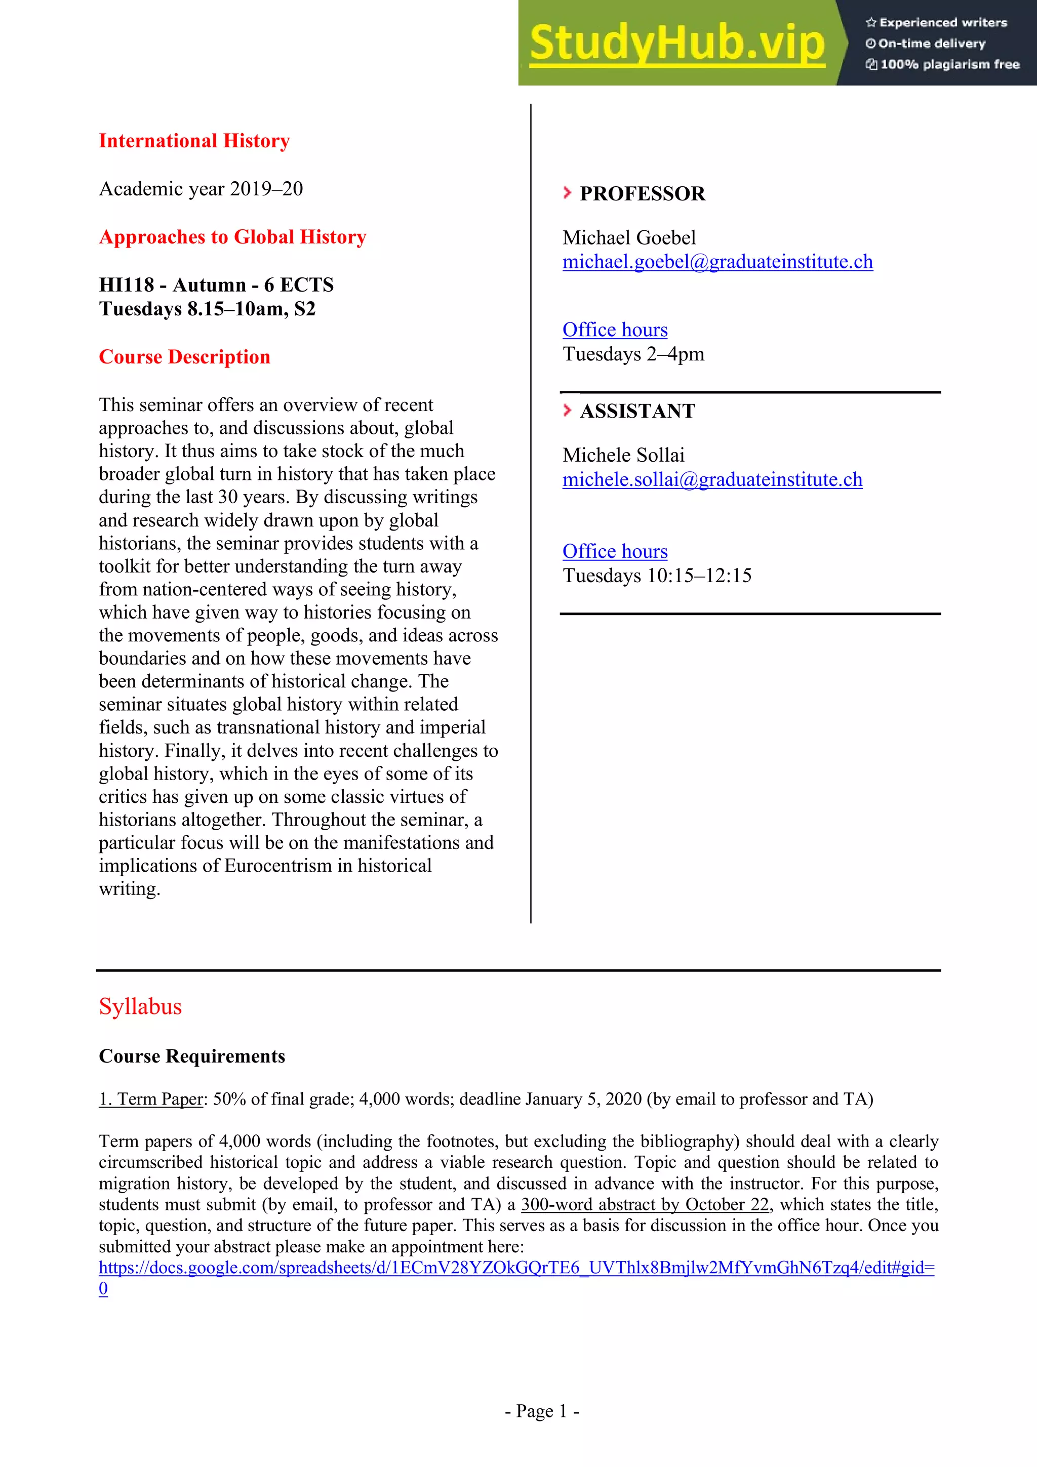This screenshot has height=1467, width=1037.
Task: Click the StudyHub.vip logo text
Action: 676,44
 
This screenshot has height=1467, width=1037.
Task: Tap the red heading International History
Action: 194,141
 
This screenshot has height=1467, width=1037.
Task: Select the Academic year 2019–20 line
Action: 201,189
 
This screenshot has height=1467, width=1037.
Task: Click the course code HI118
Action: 127,285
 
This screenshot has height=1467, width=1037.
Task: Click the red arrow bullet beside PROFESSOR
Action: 567,192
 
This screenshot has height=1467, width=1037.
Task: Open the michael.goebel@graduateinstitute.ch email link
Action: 717,262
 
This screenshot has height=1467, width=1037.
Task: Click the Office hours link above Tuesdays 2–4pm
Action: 615,330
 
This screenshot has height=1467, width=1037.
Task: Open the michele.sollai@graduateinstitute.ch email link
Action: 712,480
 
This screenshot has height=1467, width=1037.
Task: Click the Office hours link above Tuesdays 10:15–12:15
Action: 615,551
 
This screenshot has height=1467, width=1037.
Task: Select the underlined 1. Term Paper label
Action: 151,1099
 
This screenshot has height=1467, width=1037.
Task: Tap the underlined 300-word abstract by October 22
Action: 645,1204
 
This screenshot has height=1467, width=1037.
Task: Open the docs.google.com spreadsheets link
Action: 516,1268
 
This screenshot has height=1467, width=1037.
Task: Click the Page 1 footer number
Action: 542,1411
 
